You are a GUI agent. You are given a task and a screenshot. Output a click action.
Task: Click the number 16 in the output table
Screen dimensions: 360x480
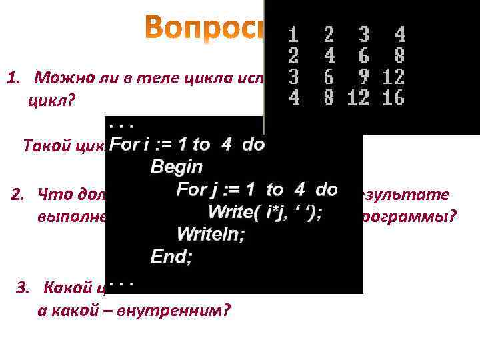(394, 99)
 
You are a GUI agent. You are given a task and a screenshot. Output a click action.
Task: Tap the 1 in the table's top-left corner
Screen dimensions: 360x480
(293, 33)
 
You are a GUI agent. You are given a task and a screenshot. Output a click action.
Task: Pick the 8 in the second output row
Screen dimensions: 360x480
(399, 55)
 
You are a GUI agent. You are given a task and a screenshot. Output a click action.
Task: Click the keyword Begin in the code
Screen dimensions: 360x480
(177, 166)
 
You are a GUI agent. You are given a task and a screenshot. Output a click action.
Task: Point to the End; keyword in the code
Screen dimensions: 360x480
(171, 256)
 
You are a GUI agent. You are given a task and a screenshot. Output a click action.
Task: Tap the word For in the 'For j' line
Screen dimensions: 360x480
(192, 189)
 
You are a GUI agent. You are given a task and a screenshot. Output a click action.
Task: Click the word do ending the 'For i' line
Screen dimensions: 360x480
(253, 144)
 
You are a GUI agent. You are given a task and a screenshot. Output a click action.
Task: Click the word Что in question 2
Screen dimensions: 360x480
(53, 195)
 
